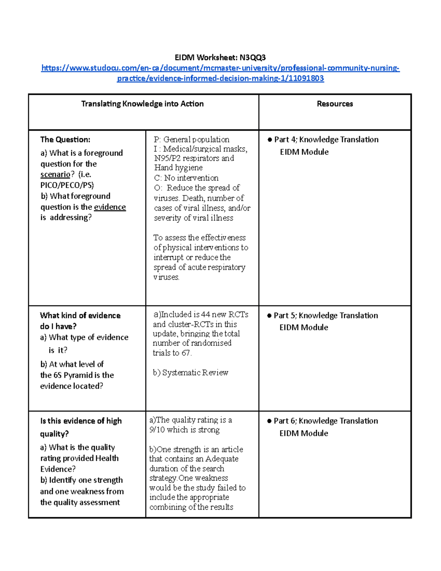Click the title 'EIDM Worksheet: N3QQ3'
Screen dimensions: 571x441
coord(220,57)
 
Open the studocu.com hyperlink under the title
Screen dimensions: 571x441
coord(220,68)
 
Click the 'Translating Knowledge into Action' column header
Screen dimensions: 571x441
coord(142,104)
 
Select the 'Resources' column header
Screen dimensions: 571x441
coord(335,104)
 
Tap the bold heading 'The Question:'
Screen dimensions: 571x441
coord(65,140)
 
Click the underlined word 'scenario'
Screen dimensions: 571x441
coord(55,174)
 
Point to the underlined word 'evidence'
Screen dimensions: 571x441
coord(110,207)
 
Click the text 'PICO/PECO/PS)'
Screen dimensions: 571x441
coord(67,185)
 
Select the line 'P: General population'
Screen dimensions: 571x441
coord(191,140)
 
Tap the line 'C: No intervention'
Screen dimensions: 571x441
coord(186,178)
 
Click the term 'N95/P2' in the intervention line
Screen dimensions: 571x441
coord(167,158)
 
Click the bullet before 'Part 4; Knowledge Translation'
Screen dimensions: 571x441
coord(270,140)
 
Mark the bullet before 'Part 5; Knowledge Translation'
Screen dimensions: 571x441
coord(269,315)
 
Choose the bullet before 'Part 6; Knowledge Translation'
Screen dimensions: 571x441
coord(269,421)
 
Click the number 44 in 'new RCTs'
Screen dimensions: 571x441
coord(205,315)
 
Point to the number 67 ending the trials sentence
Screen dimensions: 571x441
coord(186,353)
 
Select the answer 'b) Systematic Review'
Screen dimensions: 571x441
coord(190,373)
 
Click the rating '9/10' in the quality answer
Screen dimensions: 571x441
coord(157,430)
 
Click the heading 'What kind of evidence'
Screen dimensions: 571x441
coord(80,315)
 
